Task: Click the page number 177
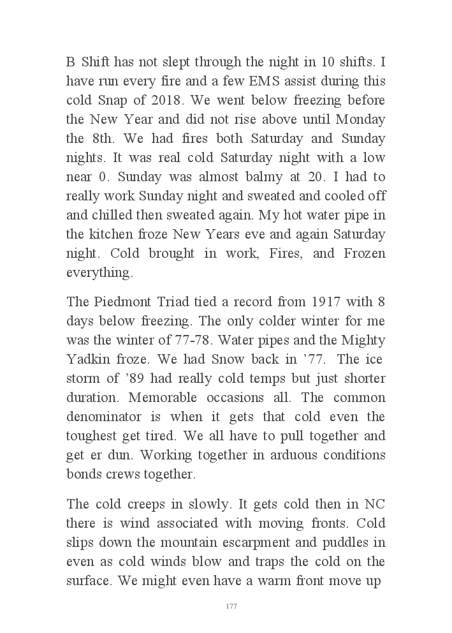point(231,606)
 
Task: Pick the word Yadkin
point(87,359)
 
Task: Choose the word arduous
point(300,454)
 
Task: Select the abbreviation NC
point(375,505)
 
